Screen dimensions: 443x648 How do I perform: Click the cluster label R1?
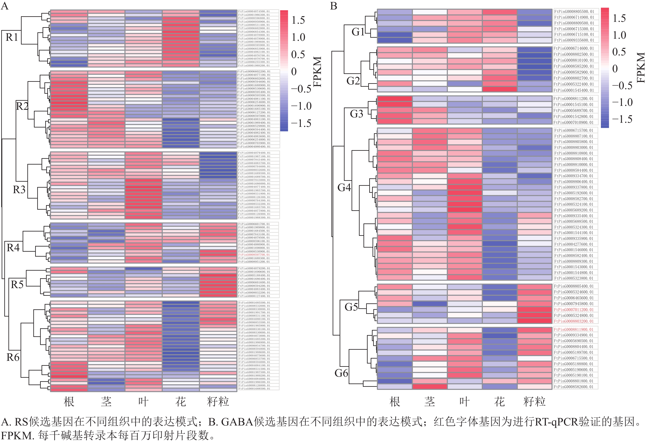12,37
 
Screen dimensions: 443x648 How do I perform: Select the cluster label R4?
13,248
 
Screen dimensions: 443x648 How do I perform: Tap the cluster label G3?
356,114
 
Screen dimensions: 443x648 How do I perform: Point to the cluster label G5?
351,307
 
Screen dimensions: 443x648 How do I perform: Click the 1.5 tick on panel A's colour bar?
298,20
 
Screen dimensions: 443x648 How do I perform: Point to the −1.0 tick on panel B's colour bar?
622,102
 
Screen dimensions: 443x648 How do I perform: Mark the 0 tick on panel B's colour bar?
615,69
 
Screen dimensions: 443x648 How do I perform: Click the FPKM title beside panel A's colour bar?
317,72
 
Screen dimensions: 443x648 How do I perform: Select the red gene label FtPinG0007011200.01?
574,310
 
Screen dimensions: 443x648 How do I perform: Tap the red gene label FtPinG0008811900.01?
574,329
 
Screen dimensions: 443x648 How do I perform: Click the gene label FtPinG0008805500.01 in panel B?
574,12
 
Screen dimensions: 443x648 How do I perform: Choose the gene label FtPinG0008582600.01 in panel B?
574,387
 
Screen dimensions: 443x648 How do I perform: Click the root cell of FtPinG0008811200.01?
395,98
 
